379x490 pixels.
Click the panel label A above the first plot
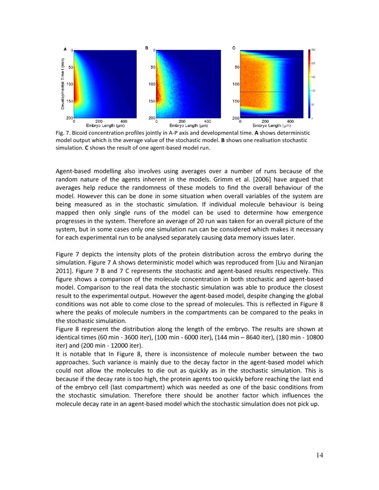(65, 49)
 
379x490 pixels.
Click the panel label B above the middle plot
(146, 47)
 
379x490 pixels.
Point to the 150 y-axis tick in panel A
(70, 101)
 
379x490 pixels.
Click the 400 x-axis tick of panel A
(124, 121)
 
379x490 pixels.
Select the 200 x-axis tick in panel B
(182, 121)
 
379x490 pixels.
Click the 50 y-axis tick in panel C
(237, 67)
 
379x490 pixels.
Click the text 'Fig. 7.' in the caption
(63, 133)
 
